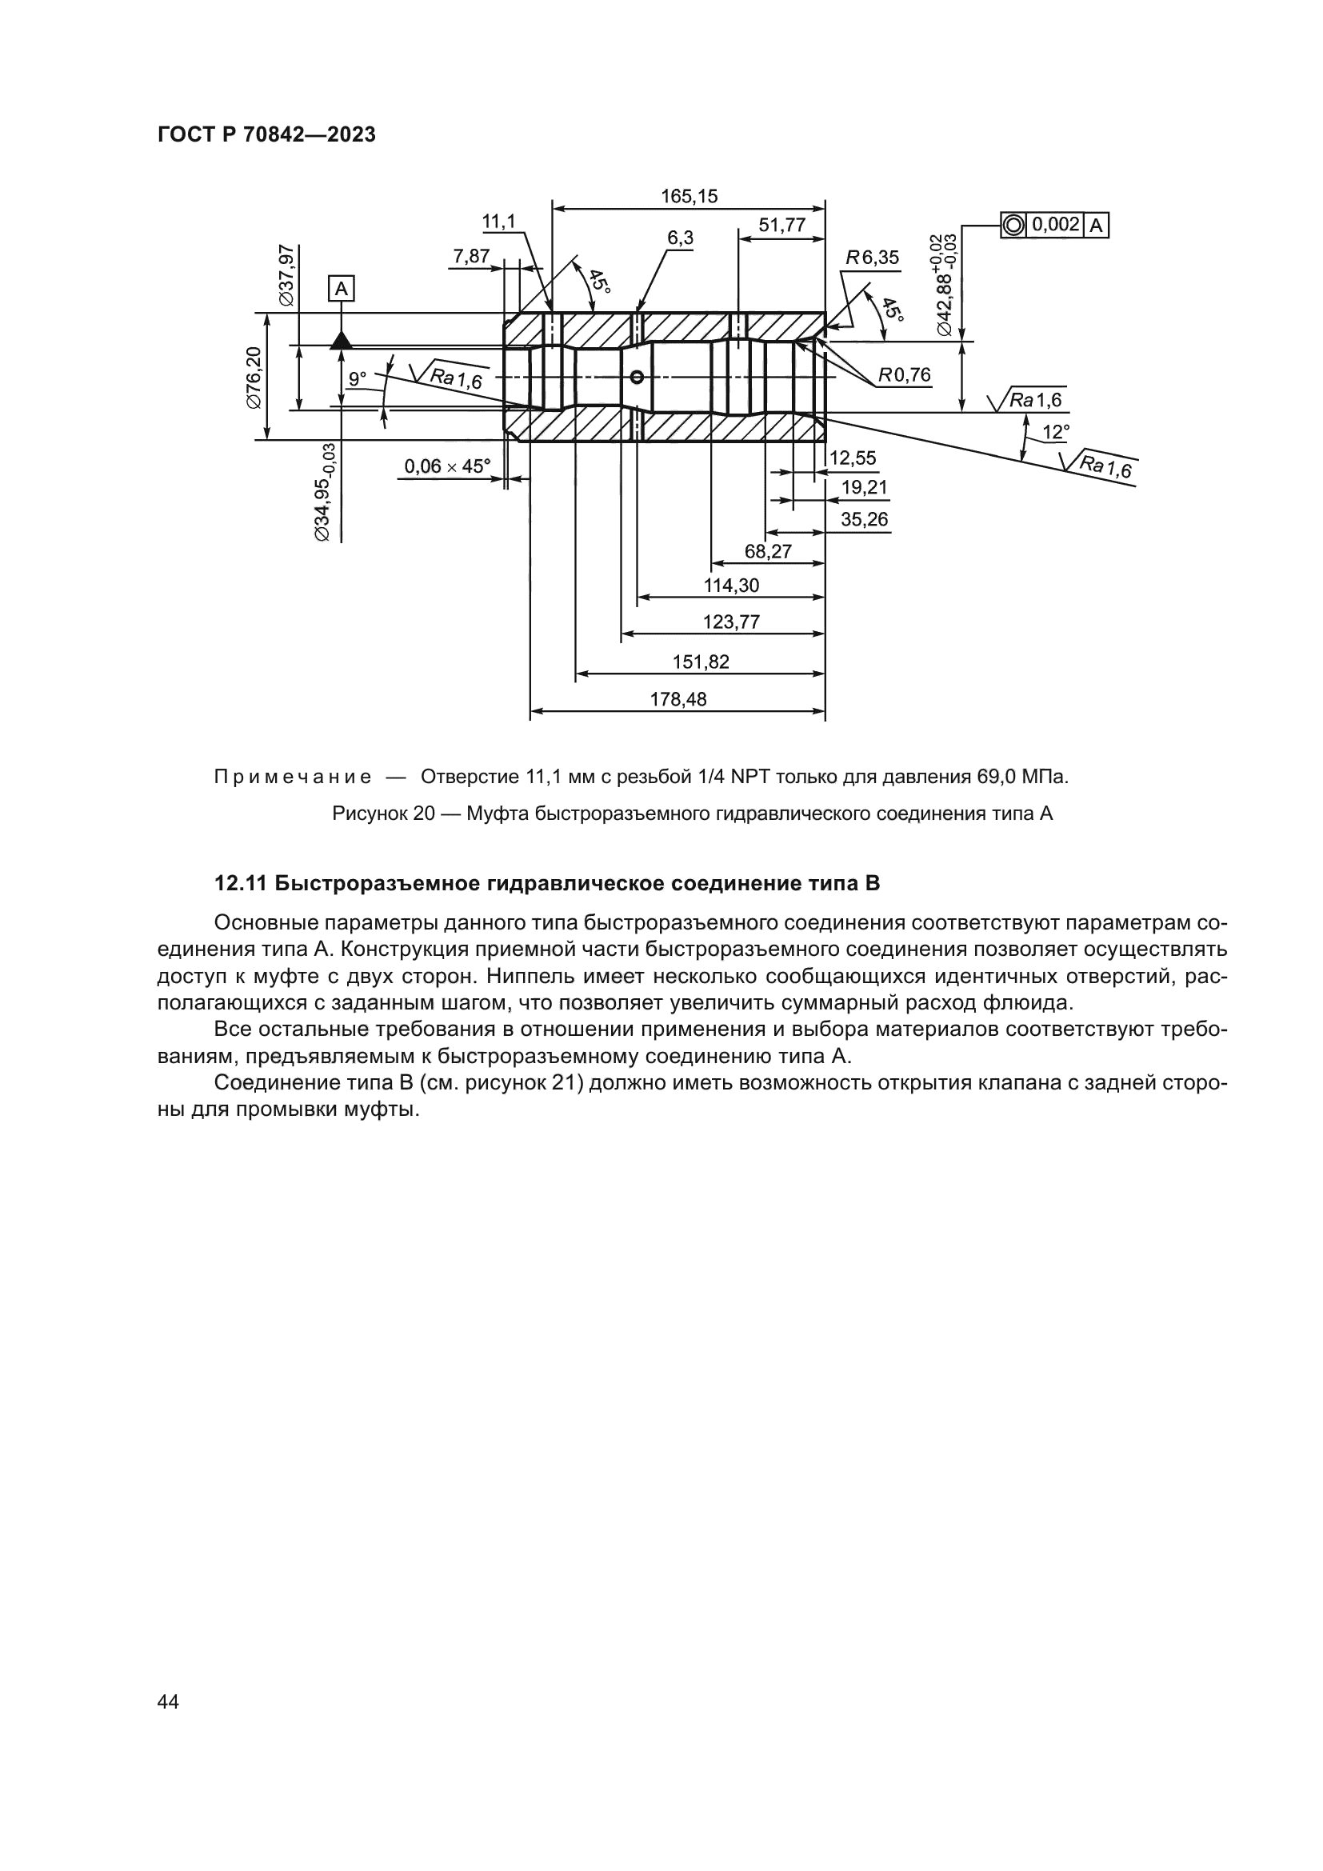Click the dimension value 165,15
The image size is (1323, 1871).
click(x=689, y=197)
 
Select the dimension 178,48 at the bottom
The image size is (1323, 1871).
click(x=677, y=698)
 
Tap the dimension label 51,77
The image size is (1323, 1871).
click(x=781, y=226)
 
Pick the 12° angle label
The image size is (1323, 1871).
click(x=1056, y=432)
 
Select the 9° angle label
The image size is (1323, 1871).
click(x=358, y=378)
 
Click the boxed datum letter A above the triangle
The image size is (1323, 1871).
click(x=342, y=289)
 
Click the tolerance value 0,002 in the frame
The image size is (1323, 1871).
click(x=1056, y=224)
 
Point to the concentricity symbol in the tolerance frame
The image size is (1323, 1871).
click(x=1013, y=225)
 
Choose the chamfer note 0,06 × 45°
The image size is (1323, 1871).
click(x=447, y=466)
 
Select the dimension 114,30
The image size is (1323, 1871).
click(x=731, y=585)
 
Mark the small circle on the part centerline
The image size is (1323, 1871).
click(x=637, y=377)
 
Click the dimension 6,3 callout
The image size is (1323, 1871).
click(x=680, y=238)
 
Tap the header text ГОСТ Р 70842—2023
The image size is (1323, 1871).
click(x=266, y=135)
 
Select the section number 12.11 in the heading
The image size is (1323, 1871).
click(x=242, y=883)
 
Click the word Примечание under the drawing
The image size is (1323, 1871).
click(x=293, y=777)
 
